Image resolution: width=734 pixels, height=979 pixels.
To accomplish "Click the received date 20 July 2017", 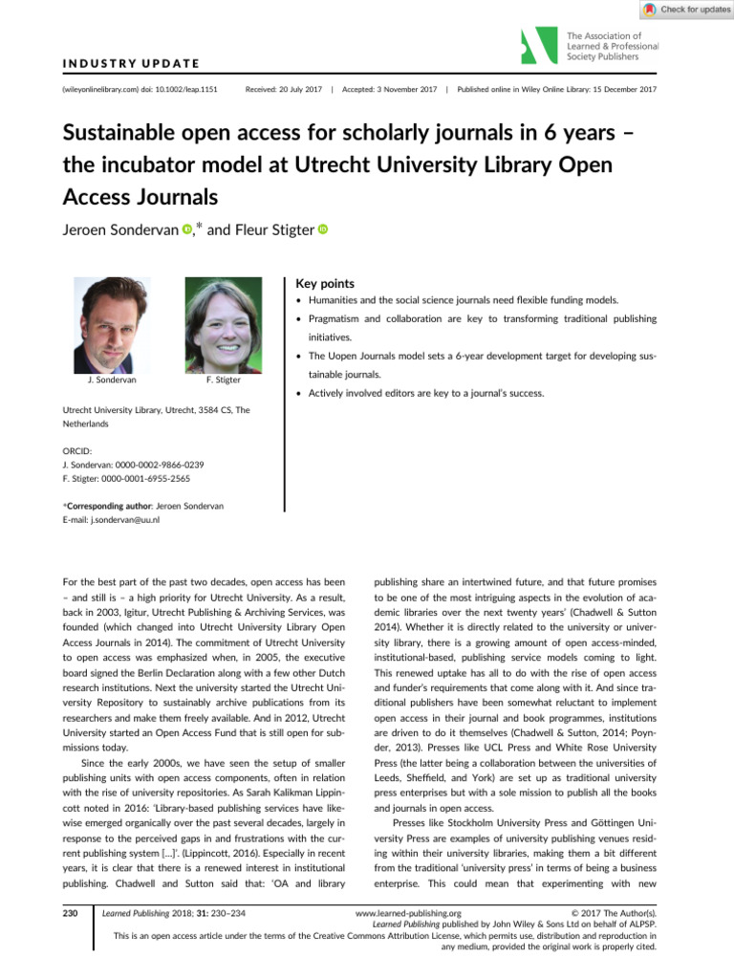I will pos(280,89).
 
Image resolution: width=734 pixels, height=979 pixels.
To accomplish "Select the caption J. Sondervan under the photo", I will pos(111,380).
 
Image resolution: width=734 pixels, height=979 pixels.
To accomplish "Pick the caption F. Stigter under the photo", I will pos(224,380).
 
